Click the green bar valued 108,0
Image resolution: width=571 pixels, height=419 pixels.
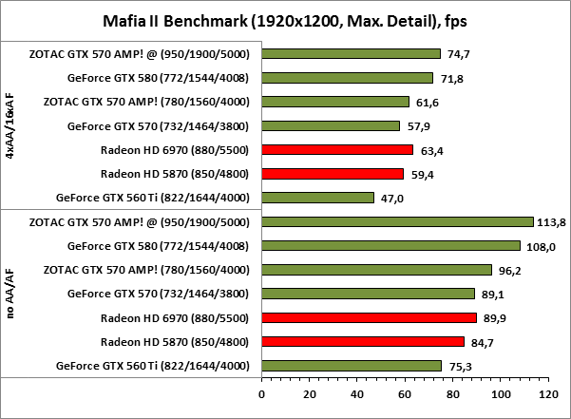coord(390,245)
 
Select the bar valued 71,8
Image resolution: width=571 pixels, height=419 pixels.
coord(347,78)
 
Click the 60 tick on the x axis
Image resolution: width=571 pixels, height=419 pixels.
coord(405,391)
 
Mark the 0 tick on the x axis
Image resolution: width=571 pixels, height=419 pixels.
coord(261,391)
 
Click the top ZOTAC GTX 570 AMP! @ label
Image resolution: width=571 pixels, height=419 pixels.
coord(139,54)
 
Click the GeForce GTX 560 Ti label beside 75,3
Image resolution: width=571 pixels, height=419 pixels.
coord(152,366)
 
